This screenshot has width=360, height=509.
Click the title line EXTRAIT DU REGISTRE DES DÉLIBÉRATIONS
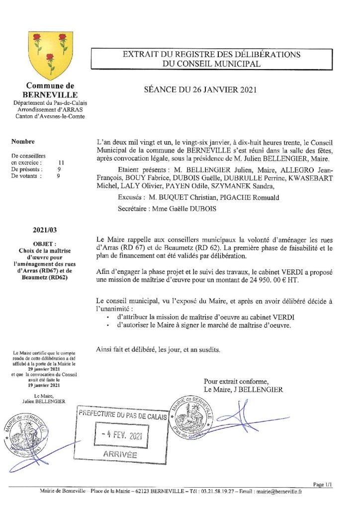(x=211, y=54)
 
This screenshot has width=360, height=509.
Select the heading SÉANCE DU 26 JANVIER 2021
(x=199, y=90)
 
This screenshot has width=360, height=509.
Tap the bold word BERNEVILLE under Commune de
(x=50, y=94)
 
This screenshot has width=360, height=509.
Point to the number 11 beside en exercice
(x=61, y=162)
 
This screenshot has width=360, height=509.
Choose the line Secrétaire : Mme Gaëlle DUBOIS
(x=176, y=209)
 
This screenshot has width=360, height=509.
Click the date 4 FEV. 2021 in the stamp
(x=121, y=435)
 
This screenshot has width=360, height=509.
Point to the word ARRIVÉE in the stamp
(x=120, y=455)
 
